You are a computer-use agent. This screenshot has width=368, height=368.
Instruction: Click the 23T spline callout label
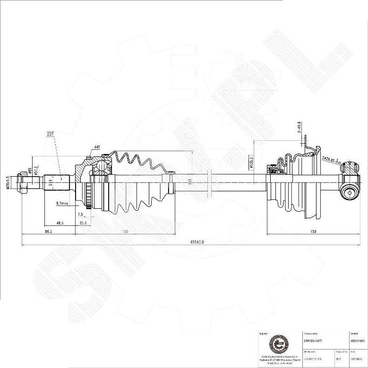tap(51, 134)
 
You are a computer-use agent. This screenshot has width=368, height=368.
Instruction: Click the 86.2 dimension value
tap(48, 232)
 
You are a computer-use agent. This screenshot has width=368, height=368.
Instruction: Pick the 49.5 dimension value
tap(60, 223)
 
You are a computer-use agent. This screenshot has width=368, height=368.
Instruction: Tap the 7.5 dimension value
tap(80, 214)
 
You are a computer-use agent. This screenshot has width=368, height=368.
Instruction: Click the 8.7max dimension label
tap(62, 203)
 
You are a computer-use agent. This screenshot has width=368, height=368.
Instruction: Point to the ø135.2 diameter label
tap(251, 163)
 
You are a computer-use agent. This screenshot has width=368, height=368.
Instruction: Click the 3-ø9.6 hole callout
tap(299, 127)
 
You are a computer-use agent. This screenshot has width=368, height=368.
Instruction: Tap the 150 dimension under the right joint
tap(313, 232)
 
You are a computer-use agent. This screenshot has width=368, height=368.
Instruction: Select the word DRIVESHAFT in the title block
tap(314, 340)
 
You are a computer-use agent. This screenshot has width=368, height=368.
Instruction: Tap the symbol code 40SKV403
tap(358, 340)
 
